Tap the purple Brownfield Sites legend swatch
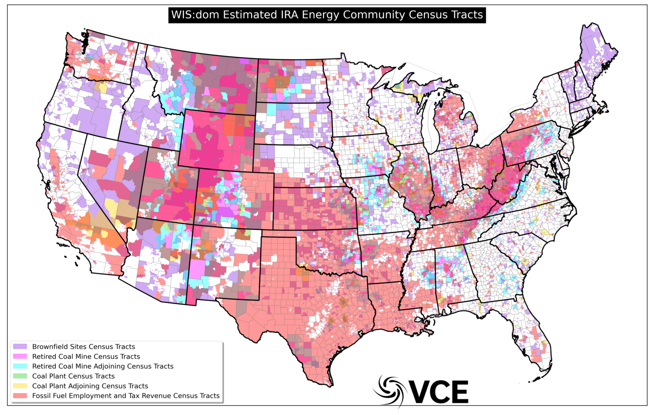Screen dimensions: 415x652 [x=20, y=347]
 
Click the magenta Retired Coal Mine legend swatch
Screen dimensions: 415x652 [x=20, y=356]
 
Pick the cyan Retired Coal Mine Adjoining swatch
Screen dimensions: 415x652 [x=20, y=366]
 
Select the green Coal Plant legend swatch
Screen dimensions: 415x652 [x=20, y=376]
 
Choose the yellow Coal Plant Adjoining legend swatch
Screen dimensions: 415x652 [x=20, y=386]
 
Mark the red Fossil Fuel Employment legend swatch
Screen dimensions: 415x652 [x=20, y=395]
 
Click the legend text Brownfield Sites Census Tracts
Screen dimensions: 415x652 [x=84, y=347]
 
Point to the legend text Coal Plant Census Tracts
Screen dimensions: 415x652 [x=73, y=376]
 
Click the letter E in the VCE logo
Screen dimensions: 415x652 [x=459, y=392]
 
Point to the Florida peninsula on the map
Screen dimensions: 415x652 [x=533, y=335]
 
